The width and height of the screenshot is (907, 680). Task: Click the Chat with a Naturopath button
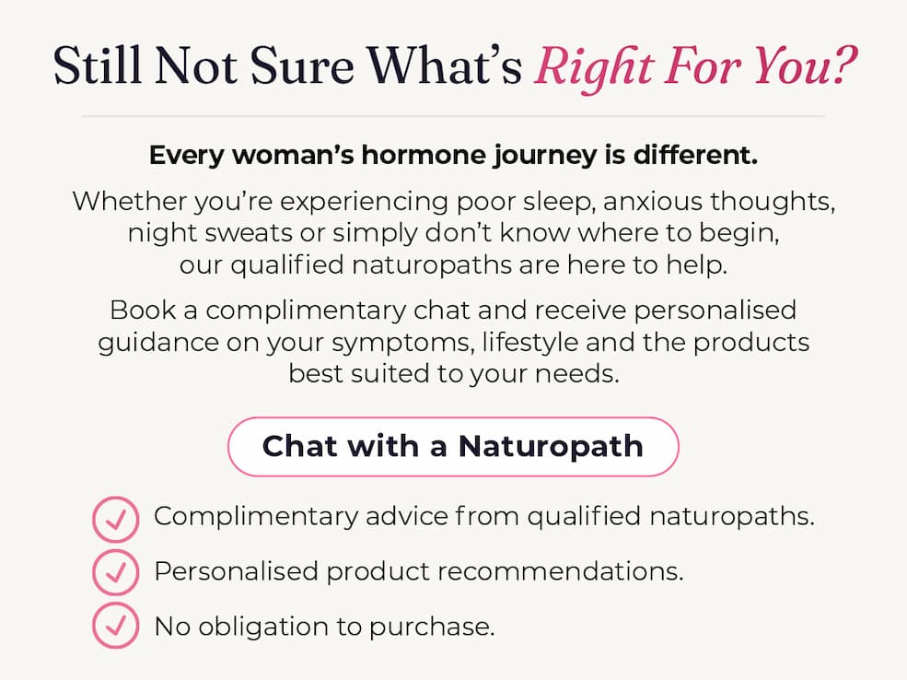pos(453,447)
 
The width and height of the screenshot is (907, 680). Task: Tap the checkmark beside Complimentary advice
pos(116,519)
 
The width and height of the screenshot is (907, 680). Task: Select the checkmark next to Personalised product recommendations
pos(116,573)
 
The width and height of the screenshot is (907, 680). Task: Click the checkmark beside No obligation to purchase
pos(116,625)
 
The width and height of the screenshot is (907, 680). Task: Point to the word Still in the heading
pos(98,65)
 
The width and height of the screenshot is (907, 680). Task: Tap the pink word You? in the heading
pos(805,65)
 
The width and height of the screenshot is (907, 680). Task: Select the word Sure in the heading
pos(301,65)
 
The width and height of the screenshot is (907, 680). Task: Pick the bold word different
pos(695,155)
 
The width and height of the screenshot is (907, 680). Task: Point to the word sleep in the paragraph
pos(559,203)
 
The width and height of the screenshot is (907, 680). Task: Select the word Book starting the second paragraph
pos(143,311)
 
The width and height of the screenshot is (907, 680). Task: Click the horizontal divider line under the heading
pos(453,116)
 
